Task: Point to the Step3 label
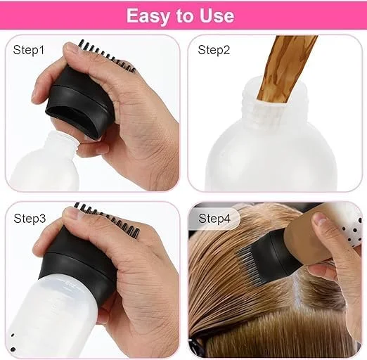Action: tap(29, 219)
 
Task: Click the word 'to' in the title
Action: tap(183, 15)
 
